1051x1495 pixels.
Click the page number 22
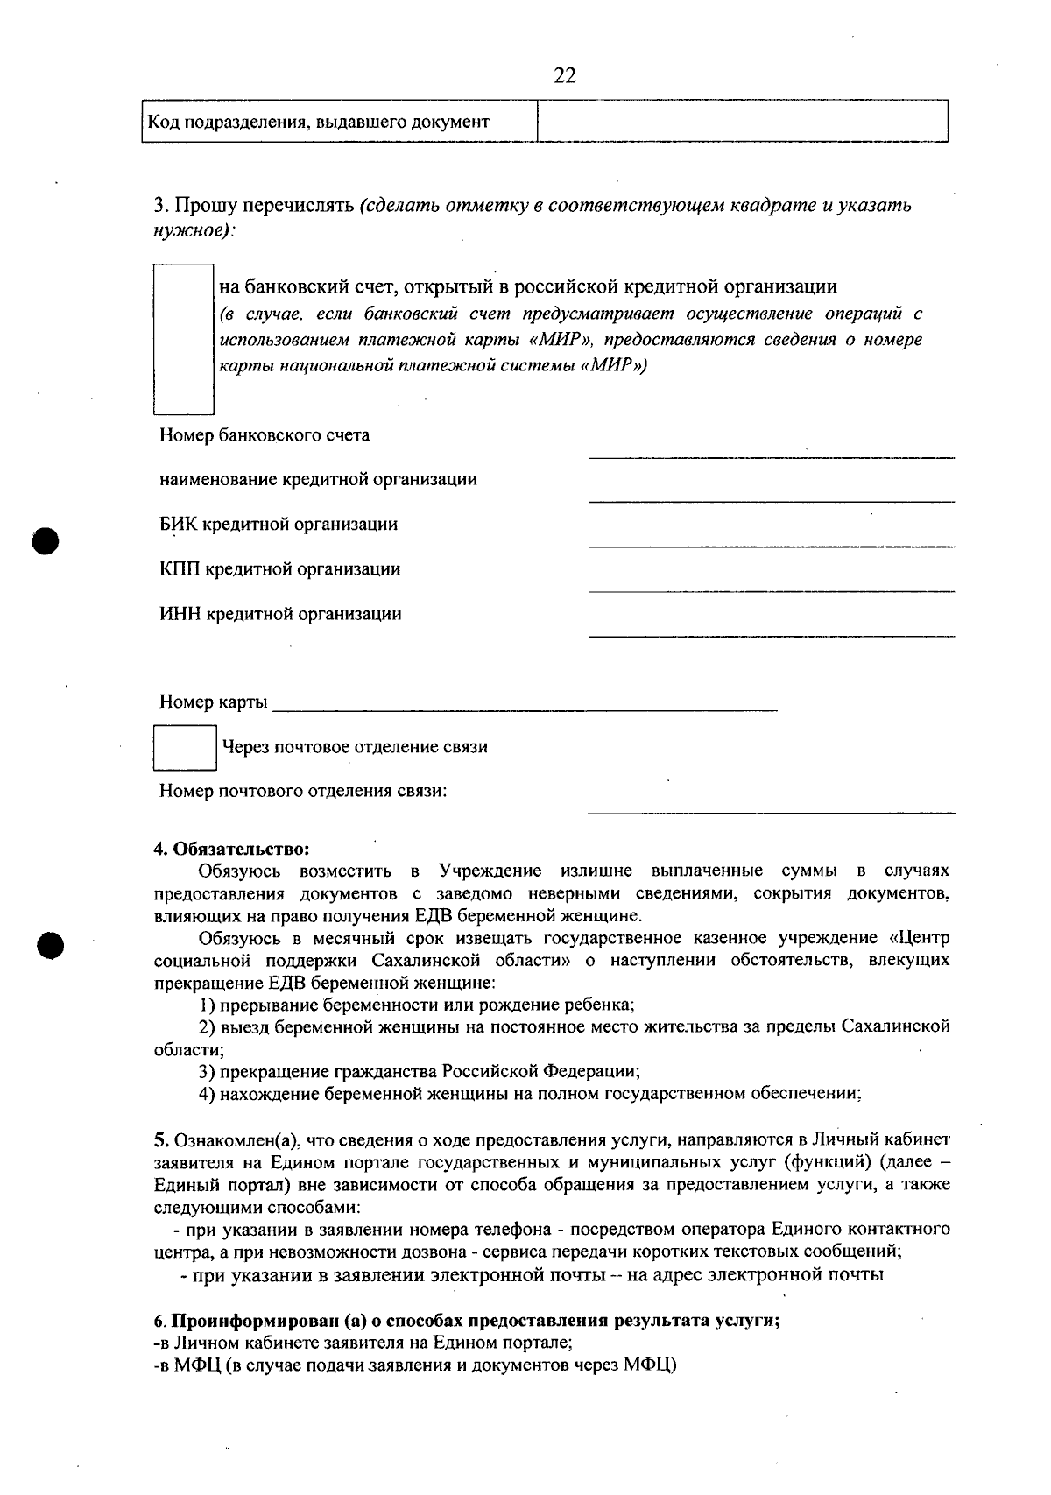pyautogui.click(x=565, y=75)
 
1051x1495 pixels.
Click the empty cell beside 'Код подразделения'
pyautogui.click(x=742, y=121)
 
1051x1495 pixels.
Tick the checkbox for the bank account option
pyautogui.click(x=184, y=338)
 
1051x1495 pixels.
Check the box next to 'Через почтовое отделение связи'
pyautogui.click(x=185, y=747)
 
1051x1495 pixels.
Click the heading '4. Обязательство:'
pyautogui.click(x=232, y=849)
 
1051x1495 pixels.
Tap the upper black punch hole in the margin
pyautogui.click(x=46, y=539)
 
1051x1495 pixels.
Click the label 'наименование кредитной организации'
pyautogui.click(x=318, y=480)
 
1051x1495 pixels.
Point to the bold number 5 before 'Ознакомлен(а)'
pyautogui.click(x=160, y=1139)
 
